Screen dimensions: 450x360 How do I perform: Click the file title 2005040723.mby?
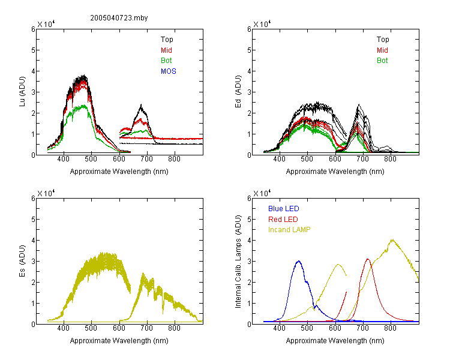[x=119, y=18]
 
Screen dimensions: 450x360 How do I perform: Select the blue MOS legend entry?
[x=168, y=71]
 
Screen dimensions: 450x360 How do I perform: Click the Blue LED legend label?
[x=284, y=209]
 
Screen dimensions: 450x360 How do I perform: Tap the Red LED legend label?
[x=283, y=220]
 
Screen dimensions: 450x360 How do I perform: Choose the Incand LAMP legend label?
[x=289, y=230]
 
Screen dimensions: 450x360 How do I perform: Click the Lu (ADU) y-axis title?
[x=22, y=91]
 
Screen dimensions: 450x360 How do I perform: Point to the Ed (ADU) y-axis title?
[x=238, y=91]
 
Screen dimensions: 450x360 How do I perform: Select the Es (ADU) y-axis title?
[x=22, y=260]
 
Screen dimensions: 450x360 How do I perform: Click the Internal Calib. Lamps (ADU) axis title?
[x=238, y=262]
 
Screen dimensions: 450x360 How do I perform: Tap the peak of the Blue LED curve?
[x=299, y=261]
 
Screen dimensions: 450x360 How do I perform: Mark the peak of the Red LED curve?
[x=368, y=259]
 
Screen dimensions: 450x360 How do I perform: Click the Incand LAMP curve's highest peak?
[x=392, y=239]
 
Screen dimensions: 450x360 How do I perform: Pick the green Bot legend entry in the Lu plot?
[x=166, y=61]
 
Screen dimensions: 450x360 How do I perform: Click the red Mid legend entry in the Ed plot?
[x=382, y=50]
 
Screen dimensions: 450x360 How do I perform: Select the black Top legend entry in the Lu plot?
[x=167, y=40]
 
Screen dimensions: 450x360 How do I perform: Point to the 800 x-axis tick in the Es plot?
[x=174, y=328]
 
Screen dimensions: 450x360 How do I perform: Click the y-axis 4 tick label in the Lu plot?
[x=33, y=71]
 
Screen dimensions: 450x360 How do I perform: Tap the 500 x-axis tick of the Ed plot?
[x=307, y=159]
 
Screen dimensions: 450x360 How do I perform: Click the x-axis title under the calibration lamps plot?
[x=335, y=341]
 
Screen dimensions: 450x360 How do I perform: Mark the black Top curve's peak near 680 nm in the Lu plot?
[x=141, y=105]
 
